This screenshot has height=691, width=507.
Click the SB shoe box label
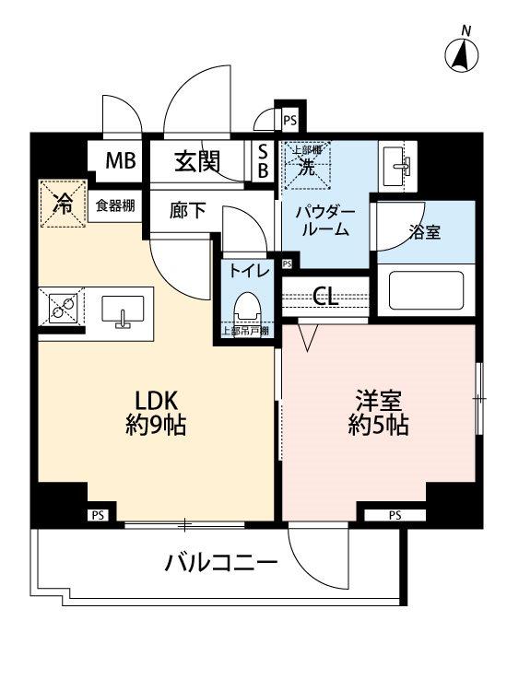click(262, 162)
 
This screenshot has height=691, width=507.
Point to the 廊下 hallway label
click(188, 211)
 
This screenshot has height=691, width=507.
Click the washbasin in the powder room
click(399, 163)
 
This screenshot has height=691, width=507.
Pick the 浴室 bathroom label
click(423, 232)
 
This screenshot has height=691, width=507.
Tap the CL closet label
click(325, 296)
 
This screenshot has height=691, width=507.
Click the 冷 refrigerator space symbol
click(63, 203)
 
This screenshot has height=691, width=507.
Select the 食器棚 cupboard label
click(115, 205)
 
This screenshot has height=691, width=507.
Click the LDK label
click(157, 402)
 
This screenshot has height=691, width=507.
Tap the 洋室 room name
click(379, 402)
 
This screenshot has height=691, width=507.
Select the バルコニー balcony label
click(221, 561)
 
